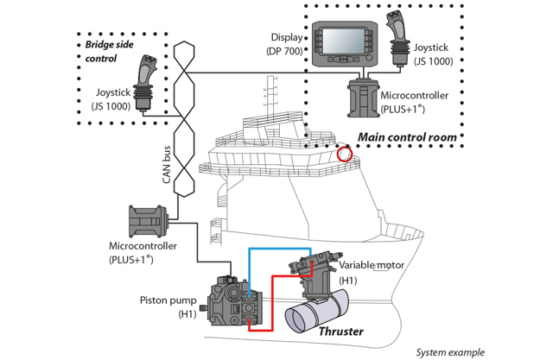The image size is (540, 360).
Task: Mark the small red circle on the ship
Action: tap(345, 155)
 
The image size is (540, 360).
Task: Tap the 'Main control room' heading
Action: tap(408, 137)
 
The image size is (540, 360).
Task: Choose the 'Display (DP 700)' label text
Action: tap(285, 46)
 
